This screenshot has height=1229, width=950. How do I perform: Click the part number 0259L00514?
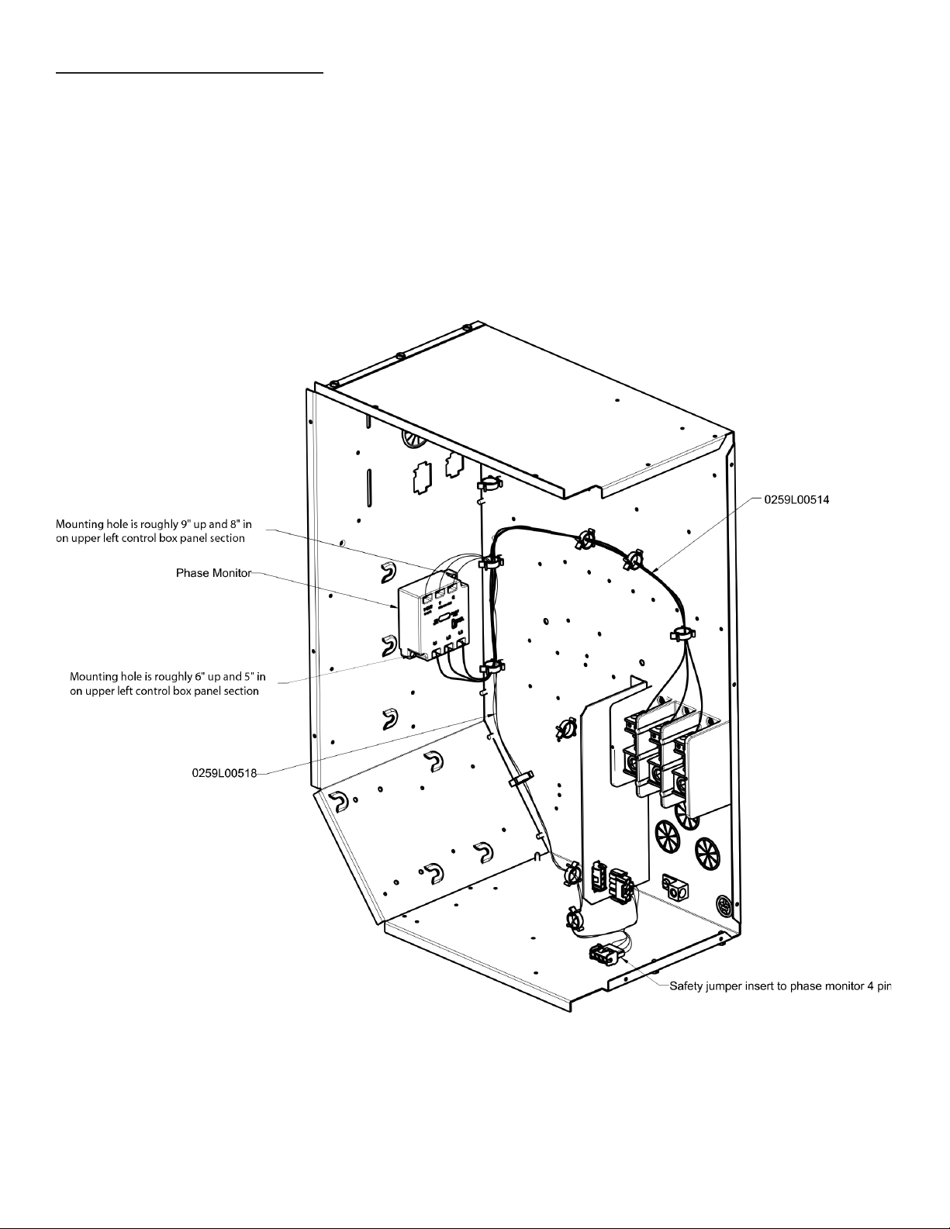796,500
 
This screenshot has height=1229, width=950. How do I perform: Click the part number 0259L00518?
224,773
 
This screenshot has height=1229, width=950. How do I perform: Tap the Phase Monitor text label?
213,573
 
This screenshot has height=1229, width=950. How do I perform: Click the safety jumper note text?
780,986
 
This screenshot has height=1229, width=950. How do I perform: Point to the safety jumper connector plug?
606,955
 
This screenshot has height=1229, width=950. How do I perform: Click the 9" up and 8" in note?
154,532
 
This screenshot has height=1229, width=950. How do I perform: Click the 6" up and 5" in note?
168,684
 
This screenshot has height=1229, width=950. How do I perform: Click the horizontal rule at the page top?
189,73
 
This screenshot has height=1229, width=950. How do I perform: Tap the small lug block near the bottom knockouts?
675,887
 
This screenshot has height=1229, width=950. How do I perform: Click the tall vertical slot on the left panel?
368,486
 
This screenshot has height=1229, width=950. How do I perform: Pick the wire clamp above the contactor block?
683,633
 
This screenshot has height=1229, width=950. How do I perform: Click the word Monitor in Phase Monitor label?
231,573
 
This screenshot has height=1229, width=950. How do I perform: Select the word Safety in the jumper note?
685,986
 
